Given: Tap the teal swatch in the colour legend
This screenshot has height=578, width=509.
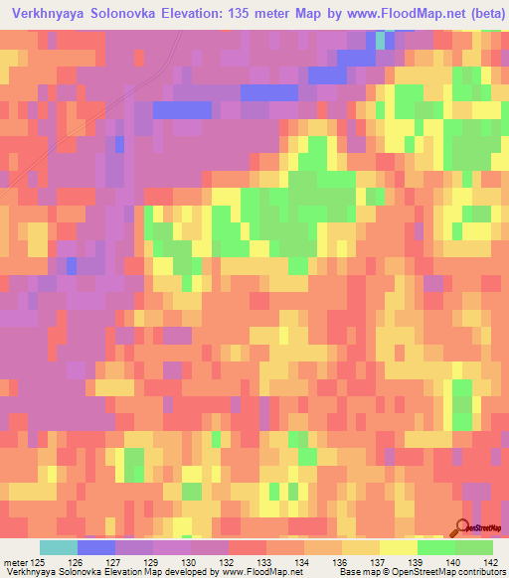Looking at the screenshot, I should coord(58,547).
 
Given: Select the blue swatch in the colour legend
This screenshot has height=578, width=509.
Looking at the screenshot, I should coord(95,547).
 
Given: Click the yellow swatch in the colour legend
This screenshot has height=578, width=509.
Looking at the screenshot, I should coord(398,547).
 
